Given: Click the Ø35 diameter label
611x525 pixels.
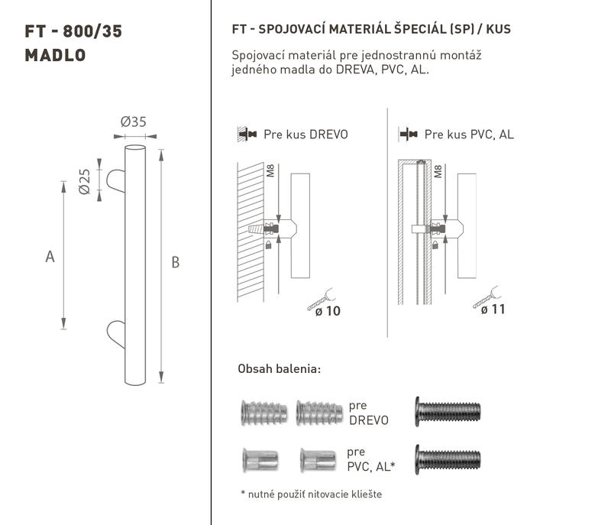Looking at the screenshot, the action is click(133, 122).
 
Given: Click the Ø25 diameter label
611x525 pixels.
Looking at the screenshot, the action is click(85, 181).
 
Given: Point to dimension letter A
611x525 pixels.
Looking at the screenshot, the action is click(50, 257).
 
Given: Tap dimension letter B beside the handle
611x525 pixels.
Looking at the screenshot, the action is click(176, 262).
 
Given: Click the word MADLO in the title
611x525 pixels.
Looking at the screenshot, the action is click(55, 55).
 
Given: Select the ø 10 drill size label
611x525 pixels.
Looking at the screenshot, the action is click(328, 311).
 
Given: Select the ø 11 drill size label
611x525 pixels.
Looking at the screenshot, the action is click(493, 309).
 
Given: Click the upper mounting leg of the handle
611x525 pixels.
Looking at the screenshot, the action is click(116, 181).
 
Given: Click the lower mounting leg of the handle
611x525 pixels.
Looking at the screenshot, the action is click(116, 334).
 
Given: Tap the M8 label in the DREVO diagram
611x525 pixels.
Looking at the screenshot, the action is click(270, 170).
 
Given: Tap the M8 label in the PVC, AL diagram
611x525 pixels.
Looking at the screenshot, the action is click(438, 171).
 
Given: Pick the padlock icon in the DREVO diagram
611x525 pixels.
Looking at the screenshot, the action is click(268, 245).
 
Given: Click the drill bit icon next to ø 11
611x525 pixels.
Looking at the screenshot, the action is click(487, 297).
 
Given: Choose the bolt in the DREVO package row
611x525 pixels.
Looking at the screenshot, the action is click(448, 412).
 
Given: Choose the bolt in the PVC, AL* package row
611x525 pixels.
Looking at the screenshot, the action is click(448, 459).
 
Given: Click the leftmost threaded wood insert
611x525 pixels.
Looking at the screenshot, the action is click(264, 413).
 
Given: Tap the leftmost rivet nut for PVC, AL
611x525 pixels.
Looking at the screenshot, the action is click(260, 460).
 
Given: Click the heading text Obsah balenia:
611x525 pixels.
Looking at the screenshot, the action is click(280, 368).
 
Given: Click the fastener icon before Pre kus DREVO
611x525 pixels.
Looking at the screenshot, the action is click(247, 134).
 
